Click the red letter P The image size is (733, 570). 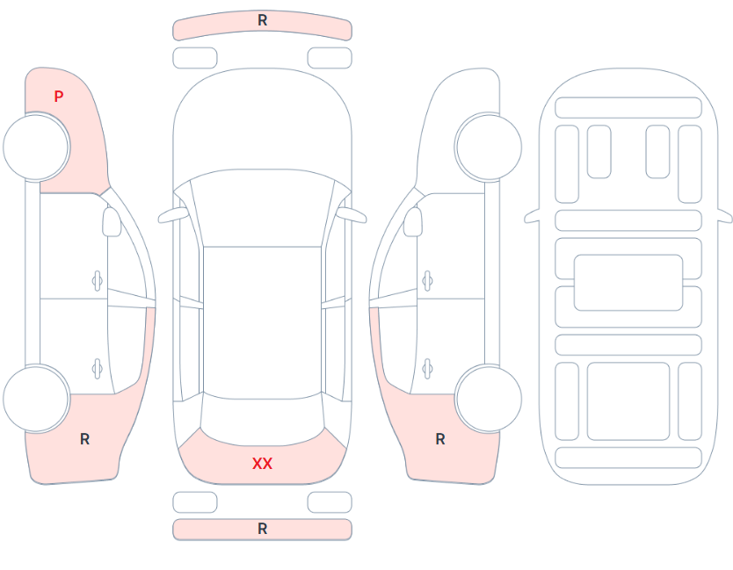(x=58, y=97)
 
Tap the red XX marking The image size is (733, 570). (x=262, y=464)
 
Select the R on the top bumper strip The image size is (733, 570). (x=262, y=20)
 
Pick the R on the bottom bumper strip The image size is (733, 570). (x=262, y=529)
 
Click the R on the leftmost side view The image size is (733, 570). (x=84, y=439)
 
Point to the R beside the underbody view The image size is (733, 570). (x=440, y=439)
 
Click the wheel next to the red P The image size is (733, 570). (x=36, y=147)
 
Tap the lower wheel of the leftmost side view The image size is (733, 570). (x=36, y=399)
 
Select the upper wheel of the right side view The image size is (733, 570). (x=488, y=147)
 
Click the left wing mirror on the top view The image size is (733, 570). (x=173, y=215)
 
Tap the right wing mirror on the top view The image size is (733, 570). (x=352, y=215)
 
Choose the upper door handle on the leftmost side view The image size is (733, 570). (x=98, y=281)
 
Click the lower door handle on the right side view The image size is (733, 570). (x=427, y=369)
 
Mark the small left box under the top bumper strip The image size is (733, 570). (x=195, y=58)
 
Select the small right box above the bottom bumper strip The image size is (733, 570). (x=330, y=502)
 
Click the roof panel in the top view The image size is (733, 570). (x=262, y=322)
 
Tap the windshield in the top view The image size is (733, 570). (x=262, y=208)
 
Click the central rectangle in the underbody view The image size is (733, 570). (x=628, y=283)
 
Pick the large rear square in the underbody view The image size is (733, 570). (x=628, y=400)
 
